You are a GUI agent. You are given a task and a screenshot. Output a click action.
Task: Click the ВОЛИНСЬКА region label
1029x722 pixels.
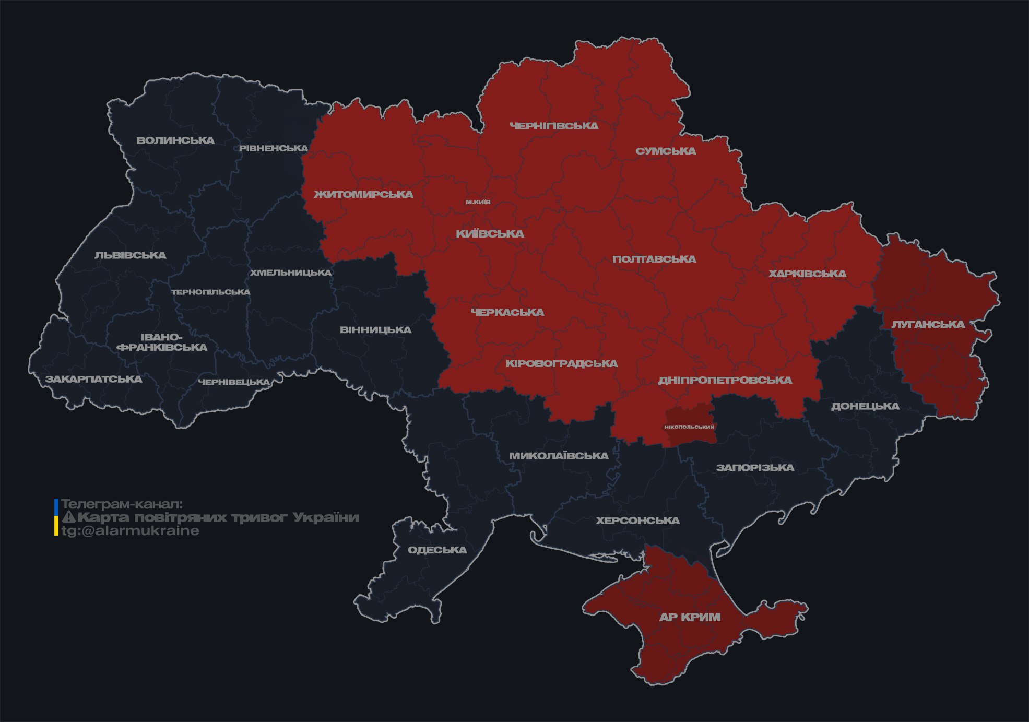(x=175, y=140)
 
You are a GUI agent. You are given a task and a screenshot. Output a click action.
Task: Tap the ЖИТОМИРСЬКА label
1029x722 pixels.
(x=363, y=195)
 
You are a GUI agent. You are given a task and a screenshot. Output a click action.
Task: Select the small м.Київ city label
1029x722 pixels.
(x=478, y=202)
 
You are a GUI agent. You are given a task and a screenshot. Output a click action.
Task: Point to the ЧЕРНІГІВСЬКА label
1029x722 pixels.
(x=554, y=126)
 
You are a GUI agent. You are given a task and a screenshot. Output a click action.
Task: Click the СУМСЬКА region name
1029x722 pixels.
(x=666, y=151)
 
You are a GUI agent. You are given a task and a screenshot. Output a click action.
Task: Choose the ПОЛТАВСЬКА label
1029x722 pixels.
(x=654, y=259)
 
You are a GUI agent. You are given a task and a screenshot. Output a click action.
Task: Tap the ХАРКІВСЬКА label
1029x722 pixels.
(x=807, y=274)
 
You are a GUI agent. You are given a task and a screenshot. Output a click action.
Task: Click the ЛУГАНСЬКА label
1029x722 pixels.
(x=928, y=325)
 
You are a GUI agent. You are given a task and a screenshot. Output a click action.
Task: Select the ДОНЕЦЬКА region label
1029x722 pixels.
(x=865, y=406)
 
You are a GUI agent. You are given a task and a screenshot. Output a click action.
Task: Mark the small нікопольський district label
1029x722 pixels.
(x=689, y=427)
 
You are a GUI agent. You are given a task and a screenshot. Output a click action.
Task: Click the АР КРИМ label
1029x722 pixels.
(x=690, y=617)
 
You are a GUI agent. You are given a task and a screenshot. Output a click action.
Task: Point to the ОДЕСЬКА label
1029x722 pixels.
(x=437, y=550)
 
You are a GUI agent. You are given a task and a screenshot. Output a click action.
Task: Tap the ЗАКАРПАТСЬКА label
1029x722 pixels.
(x=93, y=379)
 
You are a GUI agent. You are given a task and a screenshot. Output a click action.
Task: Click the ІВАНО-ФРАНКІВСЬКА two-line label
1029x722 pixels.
(x=162, y=342)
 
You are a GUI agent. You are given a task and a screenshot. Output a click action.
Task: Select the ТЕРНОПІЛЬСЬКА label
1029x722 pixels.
(x=211, y=292)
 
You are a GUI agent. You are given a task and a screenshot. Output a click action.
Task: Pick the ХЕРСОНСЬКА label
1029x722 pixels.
(x=637, y=521)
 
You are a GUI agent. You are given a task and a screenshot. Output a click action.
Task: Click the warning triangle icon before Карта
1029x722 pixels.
(x=68, y=517)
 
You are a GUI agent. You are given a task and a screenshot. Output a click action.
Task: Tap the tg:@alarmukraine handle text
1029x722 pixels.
(x=130, y=531)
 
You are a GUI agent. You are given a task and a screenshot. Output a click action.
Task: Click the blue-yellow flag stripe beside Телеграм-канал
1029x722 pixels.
(x=56, y=517)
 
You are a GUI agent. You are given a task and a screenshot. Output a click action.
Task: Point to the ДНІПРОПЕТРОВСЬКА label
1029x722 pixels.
(x=725, y=381)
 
